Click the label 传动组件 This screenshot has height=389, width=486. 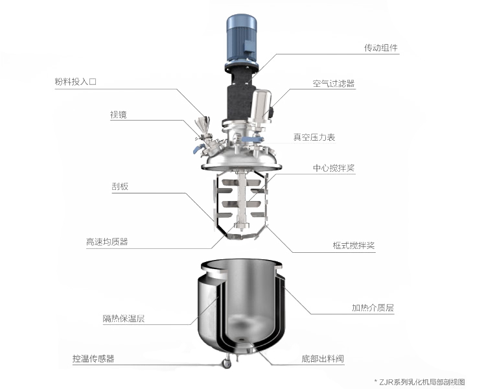coord(380,48)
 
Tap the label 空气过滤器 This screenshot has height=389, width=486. coord(333,84)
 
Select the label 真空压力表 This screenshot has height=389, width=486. coord(314,137)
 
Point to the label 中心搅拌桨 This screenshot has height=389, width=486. coord(334,168)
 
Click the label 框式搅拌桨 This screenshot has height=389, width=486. coord(354,245)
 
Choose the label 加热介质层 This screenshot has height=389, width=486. coord(373,308)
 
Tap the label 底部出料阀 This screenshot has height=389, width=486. coord(323,359)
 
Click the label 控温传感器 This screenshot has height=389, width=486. coord(93,359)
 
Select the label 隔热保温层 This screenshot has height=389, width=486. coord(124,318)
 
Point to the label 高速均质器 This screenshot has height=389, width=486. coord(107,242)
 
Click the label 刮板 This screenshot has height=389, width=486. coord(120,187)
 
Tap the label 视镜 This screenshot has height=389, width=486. coord(119,115)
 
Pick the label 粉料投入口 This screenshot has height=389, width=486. coord(76,82)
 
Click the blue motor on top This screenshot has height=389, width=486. coord(242,40)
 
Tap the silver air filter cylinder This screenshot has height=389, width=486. coord(260,106)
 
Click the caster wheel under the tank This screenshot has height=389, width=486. coord(227,363)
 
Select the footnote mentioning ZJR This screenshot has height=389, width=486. coord(420,382)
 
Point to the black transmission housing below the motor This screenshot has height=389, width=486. coord(239,93)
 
